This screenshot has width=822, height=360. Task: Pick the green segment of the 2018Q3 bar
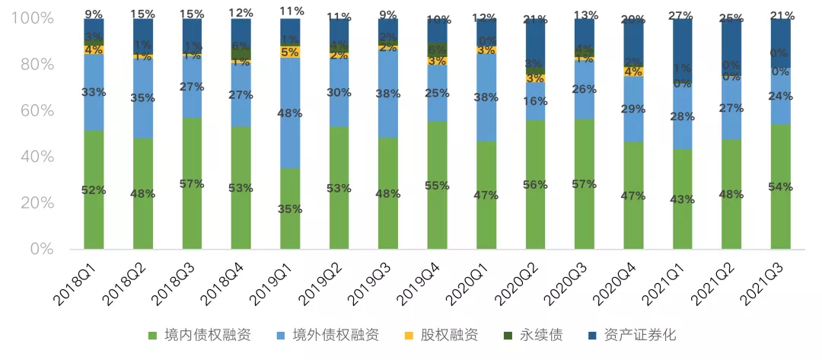(x=192, y=183)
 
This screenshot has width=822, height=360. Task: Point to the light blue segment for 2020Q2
(x=536, y=102)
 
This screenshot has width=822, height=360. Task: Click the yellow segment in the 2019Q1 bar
(x=290, y=52)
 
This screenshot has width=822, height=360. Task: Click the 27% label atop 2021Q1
(x=683, y=14)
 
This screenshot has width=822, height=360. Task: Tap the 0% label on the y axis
(x=40, y=249)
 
